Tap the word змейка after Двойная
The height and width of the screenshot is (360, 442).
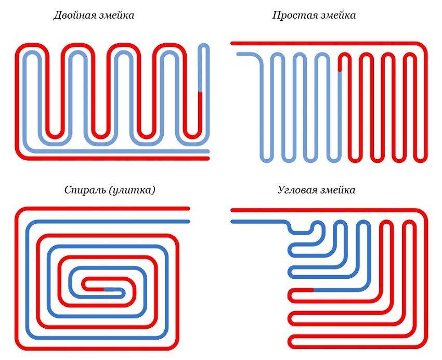[114, 16]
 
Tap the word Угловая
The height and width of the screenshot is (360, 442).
[296, 190]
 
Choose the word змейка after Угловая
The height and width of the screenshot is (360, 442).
[337, 190]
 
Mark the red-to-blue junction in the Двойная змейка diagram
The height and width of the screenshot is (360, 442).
[200, 93]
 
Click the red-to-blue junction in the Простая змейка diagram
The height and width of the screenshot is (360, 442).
[340, 72]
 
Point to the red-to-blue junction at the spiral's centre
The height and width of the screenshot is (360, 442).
[104, 288]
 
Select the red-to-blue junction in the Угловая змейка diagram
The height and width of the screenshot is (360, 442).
[313, 289]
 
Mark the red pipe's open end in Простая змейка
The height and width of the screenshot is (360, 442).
[233, 43]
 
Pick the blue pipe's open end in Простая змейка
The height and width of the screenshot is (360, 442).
[239, 54]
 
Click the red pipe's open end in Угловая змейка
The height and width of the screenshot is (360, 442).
[232, 210]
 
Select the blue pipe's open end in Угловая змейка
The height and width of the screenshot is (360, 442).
[232, 222]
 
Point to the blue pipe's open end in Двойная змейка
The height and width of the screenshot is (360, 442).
[207, 151]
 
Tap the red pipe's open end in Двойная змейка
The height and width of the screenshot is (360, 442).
[207, 158]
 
